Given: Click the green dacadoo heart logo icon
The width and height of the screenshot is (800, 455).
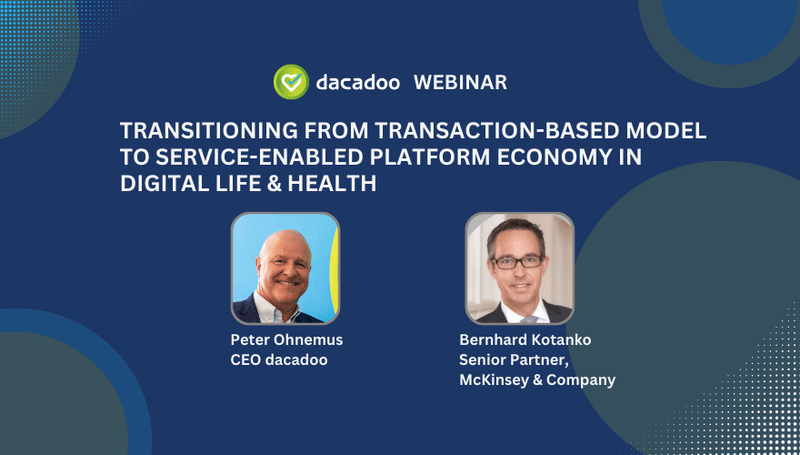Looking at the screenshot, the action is [x=291, y=82].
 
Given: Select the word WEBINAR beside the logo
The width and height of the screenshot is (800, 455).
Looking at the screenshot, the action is [x=460, y=82].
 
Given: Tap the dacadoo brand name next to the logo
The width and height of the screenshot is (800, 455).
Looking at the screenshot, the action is [x=357, y=82].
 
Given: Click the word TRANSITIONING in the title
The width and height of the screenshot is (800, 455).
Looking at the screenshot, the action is [x=209, y=131].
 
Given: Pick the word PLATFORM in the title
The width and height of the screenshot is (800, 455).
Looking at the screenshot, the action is [x=430, y=157].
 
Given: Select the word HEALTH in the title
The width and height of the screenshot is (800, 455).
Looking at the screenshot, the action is [x=332, y=184].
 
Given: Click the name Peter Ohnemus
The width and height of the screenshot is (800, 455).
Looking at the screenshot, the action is [x=286, y=339].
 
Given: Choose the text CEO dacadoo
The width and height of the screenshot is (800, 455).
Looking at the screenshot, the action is [x=279, y=359].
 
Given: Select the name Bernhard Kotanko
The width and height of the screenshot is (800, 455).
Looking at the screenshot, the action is [x=525, y=339].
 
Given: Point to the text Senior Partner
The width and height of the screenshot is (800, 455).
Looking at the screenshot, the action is [x=514, y=359].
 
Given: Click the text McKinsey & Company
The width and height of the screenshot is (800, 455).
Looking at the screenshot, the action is [x=537, y=380].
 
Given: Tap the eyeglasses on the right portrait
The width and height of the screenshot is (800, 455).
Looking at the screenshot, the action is [x=517, y=261].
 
